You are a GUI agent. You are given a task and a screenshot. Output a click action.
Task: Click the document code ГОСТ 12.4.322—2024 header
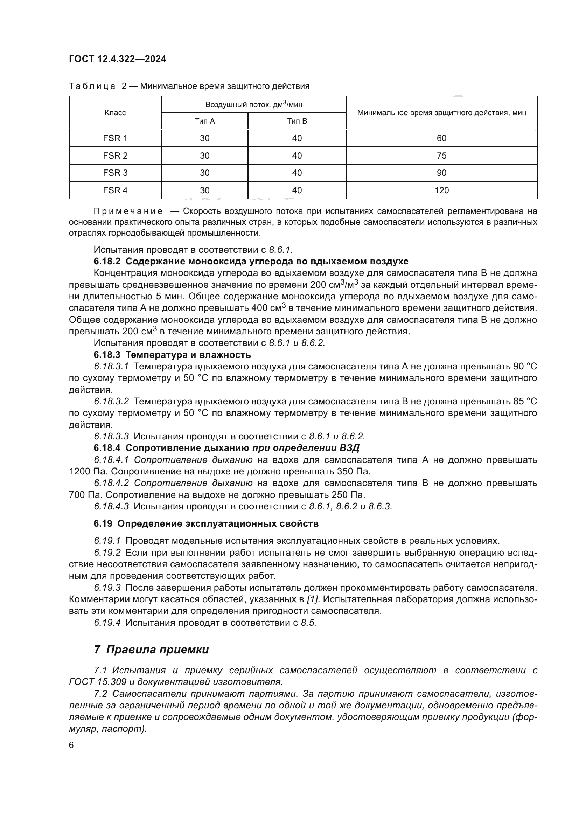click(117, 59)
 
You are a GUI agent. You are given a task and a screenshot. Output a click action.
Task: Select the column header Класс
click(115, 113)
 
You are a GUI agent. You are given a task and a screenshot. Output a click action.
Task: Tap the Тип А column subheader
click(205, 121)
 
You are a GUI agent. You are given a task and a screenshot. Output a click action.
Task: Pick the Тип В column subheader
click(297, 121)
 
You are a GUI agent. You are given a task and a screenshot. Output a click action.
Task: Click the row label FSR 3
click(115, 173)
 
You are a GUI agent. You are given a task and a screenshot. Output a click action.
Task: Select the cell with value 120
click(441, 190)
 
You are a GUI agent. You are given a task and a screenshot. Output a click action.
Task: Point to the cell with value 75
click(441, 156)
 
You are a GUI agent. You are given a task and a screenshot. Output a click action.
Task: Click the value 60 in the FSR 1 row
click(441, 138)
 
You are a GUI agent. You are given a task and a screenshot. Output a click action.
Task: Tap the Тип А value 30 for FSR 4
click(205, 190)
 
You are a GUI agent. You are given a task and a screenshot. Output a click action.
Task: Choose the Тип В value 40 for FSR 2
click(297, 156)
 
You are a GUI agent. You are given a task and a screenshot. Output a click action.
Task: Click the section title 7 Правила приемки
click(151, 650)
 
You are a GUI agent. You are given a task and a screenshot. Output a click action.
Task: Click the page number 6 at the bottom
click(71, 745)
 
